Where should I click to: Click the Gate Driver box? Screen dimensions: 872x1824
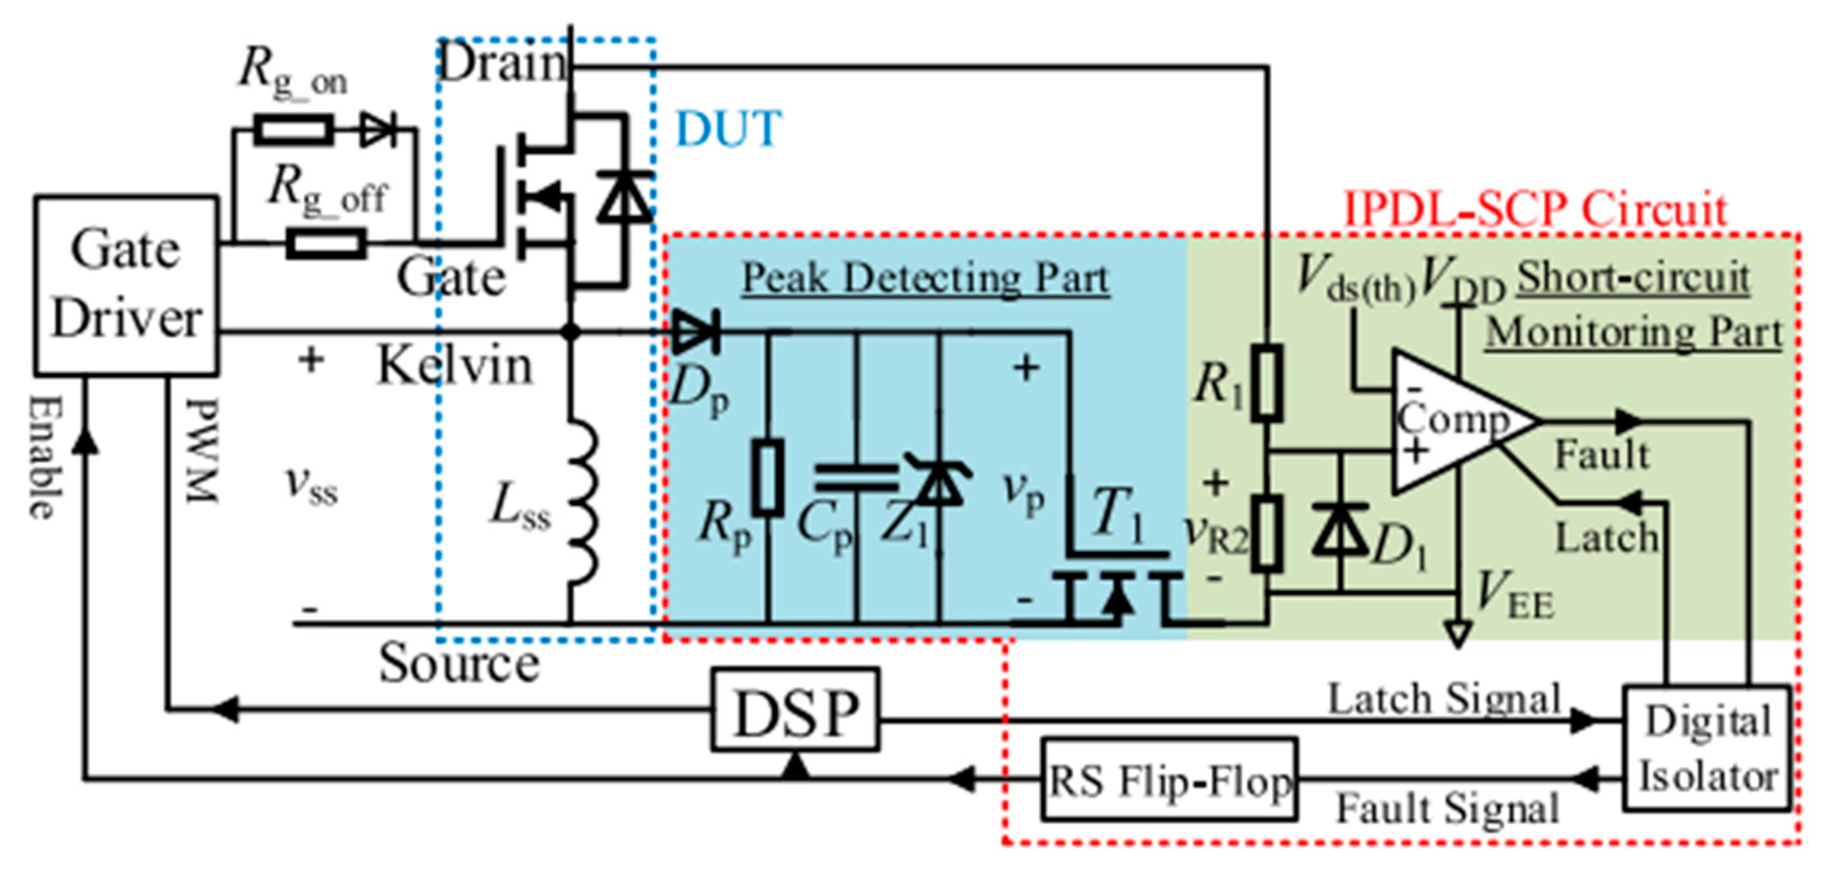point(126,285)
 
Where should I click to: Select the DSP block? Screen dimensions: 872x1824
point(795,710)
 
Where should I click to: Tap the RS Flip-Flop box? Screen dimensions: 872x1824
point(1169,779)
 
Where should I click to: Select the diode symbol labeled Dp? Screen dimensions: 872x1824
point(695,331)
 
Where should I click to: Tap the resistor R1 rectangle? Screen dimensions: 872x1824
point(1267,382)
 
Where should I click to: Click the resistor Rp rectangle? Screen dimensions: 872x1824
point(768,476)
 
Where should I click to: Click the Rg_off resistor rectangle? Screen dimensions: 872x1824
point(326,243)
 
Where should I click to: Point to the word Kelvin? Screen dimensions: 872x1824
point(454,366)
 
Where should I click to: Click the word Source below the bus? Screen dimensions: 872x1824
point(459,664)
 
